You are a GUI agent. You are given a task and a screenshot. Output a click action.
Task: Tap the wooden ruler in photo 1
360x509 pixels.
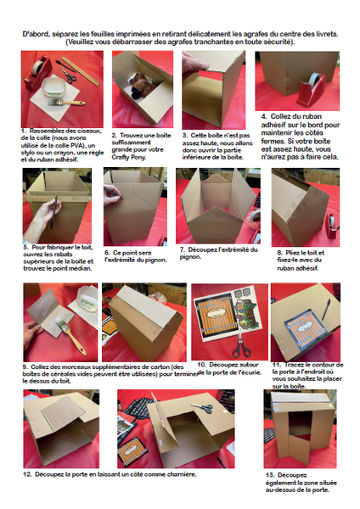click(x=81, y=72)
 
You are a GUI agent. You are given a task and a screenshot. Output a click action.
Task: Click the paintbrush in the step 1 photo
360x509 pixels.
click(x=66, y=103)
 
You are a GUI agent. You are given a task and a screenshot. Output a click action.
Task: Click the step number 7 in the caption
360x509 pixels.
click(x=183, y=249)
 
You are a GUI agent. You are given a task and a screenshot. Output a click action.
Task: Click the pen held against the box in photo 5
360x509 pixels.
click(x=53, y=211)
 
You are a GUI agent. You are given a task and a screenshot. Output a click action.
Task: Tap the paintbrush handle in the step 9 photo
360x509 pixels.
click(x=77, y=344)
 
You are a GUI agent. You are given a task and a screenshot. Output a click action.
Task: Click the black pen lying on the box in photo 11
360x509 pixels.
click(x=326, y=309)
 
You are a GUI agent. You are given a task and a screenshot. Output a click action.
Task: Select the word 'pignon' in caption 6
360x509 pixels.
click(x=157, y=260)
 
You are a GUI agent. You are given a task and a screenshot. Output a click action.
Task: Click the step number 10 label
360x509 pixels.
click(x=202, y=365)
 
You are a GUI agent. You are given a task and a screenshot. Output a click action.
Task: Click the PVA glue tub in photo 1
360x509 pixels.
click(x=54, y=87)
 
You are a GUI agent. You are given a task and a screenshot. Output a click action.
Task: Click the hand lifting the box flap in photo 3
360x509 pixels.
click(x=194, y=61)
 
